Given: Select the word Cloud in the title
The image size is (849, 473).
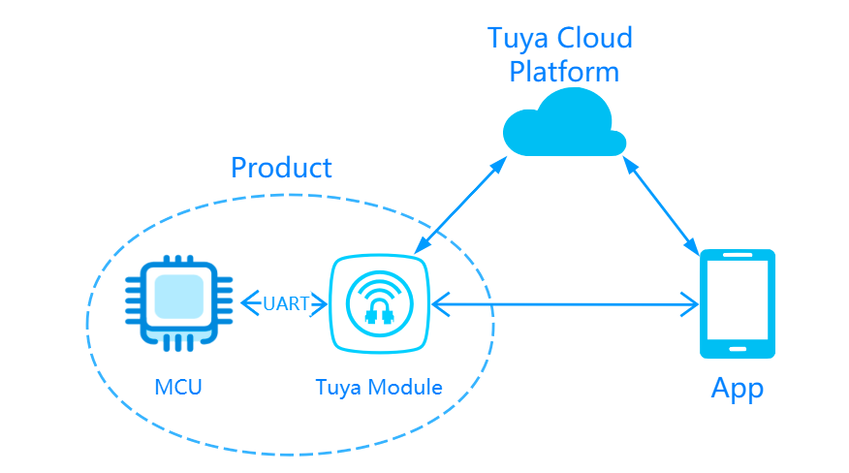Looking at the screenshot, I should (600, 39).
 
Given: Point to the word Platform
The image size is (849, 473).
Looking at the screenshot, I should (564, 72).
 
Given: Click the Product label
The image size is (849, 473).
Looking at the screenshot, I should (281, 168).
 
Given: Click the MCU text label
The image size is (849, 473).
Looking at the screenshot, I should (179, 388).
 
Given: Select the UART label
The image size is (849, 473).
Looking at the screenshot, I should (286, 304).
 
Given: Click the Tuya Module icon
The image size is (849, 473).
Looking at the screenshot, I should (378, 304).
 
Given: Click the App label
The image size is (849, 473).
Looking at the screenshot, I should (738, 389).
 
